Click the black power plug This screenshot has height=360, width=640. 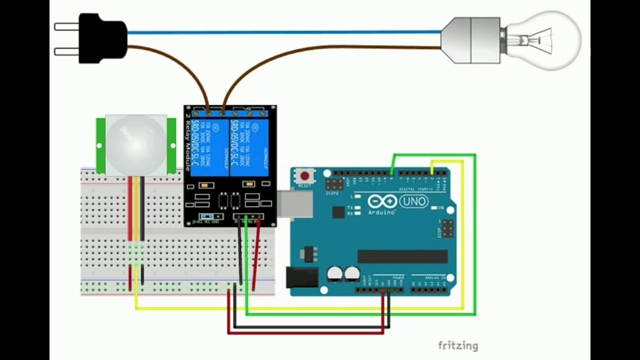click(102, 38)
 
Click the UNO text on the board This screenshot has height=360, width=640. click(414, 201)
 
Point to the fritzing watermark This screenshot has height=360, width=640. click(457, 345)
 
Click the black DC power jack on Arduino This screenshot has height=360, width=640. click(302, 277)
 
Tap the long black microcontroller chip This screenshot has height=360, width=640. click(402, 256)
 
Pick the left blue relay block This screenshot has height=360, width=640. click(210, 147)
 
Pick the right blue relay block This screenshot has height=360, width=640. click(248, 147)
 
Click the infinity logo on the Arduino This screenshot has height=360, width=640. click(382, 201)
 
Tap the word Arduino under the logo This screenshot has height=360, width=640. click(382, 212)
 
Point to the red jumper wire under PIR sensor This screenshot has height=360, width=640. click(129, 210)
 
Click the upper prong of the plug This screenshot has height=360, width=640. click(66, 26)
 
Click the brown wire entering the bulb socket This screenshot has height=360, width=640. click(400, 47)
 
